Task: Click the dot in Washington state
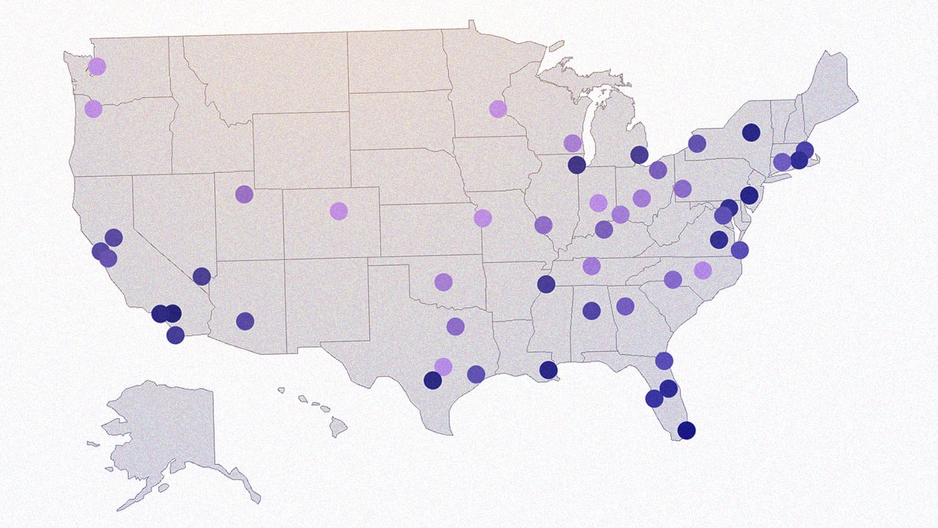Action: pyautogui.click(x=97, y=67)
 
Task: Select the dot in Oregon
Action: pyautogui.click(x=93, y=109)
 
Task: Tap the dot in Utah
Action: pyautogui.click(x=244, y=194)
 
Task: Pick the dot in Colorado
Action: pyautogui.click(x=338, y=211)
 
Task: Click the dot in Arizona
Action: pyautogui.click(x=245, y=321)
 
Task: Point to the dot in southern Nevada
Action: pyautogui.click(x=202, y=276)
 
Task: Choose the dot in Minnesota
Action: pyautogui.click(x=498, y=109)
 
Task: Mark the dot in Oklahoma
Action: pyautogui.click(x=443, y=282)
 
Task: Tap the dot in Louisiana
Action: pyautogui.click(x=548, y=370)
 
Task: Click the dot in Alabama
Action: pyautogui.click(x=591, y=311)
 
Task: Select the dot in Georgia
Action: pyautogui.click(x=625, y=307)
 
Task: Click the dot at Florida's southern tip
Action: pyautogui.click(x=686, y=430)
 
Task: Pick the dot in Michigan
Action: pyautogui.click(x=639, y=155)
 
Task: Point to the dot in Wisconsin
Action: pyautogui.click(x=572, y=143)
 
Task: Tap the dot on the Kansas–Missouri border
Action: pyautogui.click(x=482, y=218)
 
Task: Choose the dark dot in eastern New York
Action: pyautogui.click(x=750, y=133)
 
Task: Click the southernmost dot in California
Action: pyautogui.click(x=175, y=335)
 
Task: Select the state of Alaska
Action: pyautogui.click(x=169, y=433)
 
